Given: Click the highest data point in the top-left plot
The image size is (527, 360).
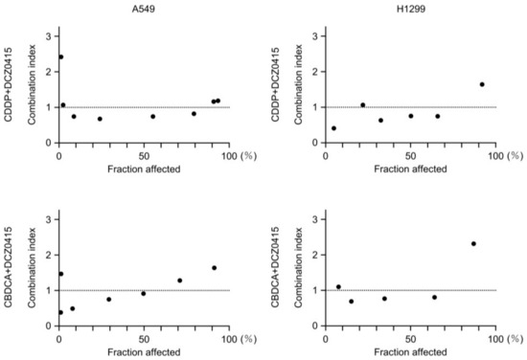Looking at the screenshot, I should (x=60, y=56).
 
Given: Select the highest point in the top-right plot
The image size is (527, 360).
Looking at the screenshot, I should (x=482, y=84).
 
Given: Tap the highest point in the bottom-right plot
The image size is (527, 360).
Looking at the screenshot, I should (x=473, y=243).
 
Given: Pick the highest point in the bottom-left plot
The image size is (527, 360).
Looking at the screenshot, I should (x=214, y=268).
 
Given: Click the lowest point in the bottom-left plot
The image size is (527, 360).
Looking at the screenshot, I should (x=59, y=312).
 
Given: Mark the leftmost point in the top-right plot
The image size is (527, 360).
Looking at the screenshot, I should (x=333, y=128).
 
